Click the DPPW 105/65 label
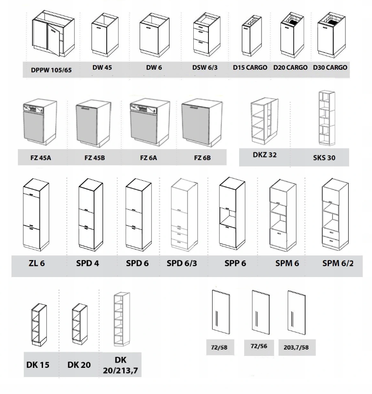click(x=51, y=70)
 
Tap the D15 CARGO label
click(x=250, y=67)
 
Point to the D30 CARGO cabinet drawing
click(x=331, y=35)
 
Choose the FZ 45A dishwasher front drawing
click(x=40, y=122)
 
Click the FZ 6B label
click(x=202, y=158)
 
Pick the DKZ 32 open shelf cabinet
click(x=264, y=121)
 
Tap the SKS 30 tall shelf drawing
click(x=327, y=118)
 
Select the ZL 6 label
click(x=37, y=263)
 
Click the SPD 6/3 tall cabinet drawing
click(x=184, y=215)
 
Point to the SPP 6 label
click(x=235, y=263)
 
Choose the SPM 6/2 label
click(x=338, y=263)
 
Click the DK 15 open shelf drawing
click(x=39, y=325)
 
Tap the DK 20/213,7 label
click(x=120, y=365)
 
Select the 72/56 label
click(x=259, y=346)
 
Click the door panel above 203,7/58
click(x=296, y=313)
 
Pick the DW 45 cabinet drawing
click(x=104, y=35)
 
